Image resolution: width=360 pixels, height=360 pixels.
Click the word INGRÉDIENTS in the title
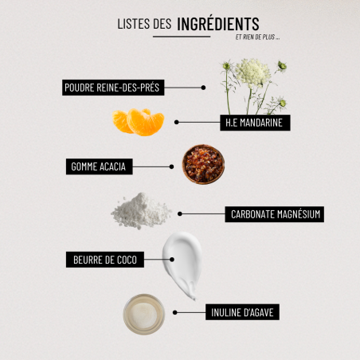pos(218,24)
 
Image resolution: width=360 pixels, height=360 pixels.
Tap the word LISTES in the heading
pos(134,24)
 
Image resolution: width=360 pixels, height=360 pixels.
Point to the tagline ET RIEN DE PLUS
pos(257,37)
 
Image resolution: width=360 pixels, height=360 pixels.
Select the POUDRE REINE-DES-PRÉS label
pos(113,88)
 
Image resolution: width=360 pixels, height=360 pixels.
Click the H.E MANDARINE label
pos(255,123)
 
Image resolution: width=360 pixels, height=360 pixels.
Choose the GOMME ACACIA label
pos(100,166)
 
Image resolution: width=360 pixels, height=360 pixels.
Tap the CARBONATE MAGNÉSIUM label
pos(275,214)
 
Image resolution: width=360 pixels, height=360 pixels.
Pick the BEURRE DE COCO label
pos(105,260)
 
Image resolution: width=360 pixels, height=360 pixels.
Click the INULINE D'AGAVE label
pos(242,312)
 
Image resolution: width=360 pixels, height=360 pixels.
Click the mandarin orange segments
pos(138,122)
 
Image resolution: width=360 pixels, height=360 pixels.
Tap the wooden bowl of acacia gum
pos(203,164)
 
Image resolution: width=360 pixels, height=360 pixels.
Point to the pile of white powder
pos(141,211)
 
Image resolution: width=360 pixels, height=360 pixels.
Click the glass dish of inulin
pos(144,315)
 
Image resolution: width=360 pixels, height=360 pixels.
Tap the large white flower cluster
pos(252,72)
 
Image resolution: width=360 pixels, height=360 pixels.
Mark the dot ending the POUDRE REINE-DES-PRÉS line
pos(203,88)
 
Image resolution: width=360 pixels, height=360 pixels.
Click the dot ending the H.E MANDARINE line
pos(177,122)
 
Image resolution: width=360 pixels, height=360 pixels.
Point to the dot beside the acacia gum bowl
pos(171,166)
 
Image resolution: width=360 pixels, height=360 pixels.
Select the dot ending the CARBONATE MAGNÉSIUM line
pos(180,213)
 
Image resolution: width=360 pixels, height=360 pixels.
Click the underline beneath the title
pos(182,37)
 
